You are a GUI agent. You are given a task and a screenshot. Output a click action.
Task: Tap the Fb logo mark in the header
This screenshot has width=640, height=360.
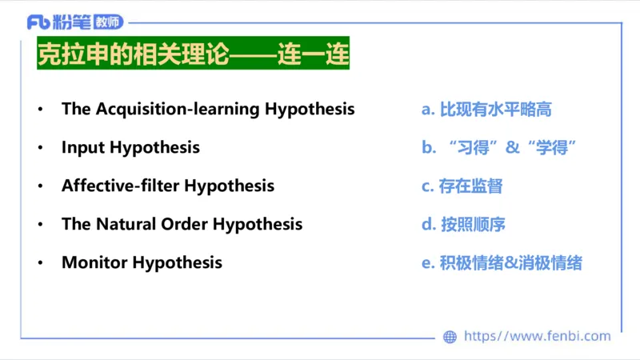38,22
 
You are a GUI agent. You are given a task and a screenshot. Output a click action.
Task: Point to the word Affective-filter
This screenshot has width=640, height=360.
121,186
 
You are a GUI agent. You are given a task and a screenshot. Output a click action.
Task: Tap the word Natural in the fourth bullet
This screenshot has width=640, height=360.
127,225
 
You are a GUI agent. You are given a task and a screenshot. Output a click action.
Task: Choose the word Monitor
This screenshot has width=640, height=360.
94,262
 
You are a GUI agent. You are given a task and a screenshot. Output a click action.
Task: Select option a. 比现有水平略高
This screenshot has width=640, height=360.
486,110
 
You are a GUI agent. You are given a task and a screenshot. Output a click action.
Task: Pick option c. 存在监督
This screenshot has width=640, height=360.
462,186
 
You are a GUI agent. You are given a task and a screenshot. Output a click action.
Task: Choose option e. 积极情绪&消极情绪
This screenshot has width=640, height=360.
502,262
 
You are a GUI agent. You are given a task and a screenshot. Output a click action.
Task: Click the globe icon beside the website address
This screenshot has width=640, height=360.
450,337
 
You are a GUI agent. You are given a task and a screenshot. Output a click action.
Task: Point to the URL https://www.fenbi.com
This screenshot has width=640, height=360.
537,337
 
